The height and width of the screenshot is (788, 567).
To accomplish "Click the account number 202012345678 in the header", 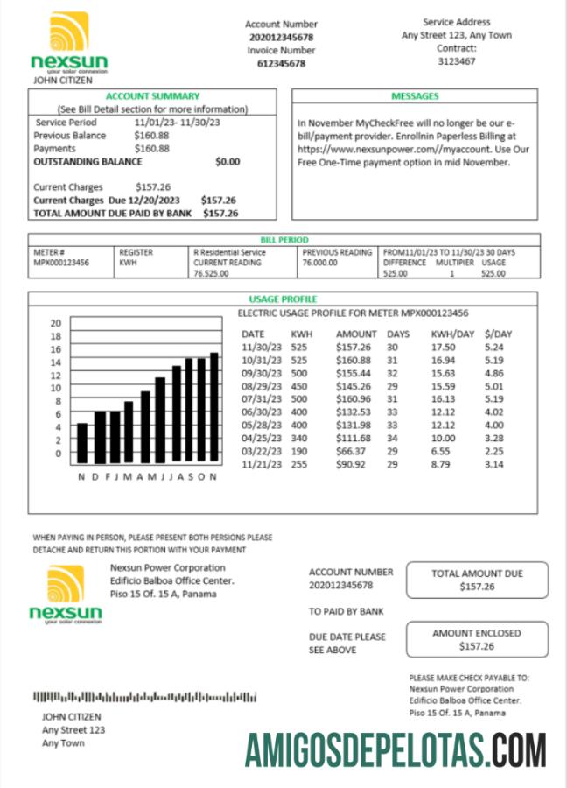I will click(281, 38).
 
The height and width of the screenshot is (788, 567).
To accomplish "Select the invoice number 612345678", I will click(281, 63).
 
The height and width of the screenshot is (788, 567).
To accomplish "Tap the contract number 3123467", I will click(456, 61).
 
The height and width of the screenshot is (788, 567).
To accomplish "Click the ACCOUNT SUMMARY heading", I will click(152, 96).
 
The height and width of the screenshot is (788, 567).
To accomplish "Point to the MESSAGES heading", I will click(415, 96).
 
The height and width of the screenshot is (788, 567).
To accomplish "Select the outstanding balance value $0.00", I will click(227, 162).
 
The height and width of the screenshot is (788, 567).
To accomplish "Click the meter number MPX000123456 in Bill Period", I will click(61, 262).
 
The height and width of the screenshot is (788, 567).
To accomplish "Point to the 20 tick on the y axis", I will click(55, 322).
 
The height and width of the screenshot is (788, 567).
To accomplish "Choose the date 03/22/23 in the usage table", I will click(260, 451).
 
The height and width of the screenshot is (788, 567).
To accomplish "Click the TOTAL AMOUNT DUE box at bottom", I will click(477, 580).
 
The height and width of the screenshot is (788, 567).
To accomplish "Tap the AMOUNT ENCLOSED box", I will click(477, 639).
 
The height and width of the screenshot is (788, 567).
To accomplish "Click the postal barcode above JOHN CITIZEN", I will click(145, 697).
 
